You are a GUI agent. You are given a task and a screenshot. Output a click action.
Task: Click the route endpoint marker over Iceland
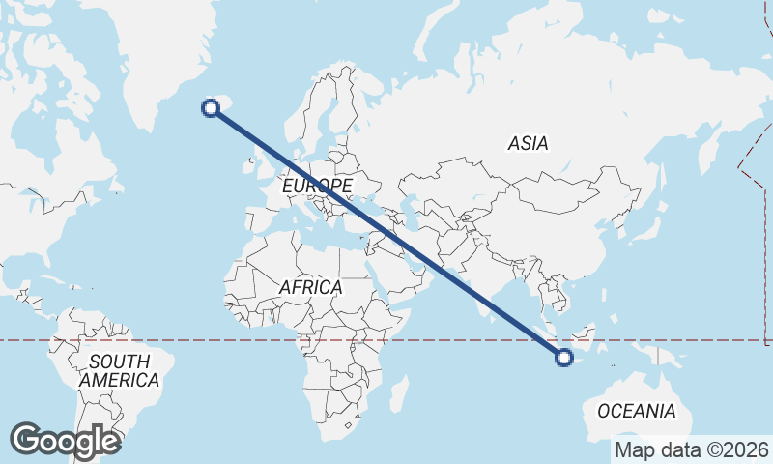[x=211, y=107]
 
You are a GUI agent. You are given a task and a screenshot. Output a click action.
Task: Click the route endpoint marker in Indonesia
[x=564, y=359]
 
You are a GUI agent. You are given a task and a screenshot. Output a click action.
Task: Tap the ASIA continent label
[x=528, y=143]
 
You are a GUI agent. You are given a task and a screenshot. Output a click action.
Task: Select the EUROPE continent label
[x=318, y=184]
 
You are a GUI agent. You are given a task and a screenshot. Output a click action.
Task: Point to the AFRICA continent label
[x=310, y=287]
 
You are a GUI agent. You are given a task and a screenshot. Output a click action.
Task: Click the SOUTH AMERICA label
[x=119, y=371]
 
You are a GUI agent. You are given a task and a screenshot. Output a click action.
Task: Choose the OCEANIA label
[x=636, y=411]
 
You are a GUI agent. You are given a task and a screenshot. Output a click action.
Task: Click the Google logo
[x=65, y=441]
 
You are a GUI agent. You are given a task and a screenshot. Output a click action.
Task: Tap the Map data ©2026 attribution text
[x=691, y=449]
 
